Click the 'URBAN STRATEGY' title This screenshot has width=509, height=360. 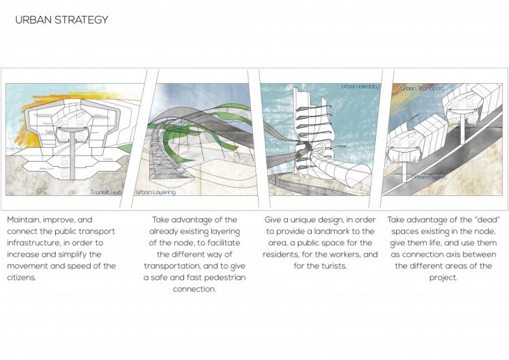(62, 20)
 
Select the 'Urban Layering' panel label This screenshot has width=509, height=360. (155, 191)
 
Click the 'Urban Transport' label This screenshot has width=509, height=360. (420, 88)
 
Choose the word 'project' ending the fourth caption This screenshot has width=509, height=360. (443, 277)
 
